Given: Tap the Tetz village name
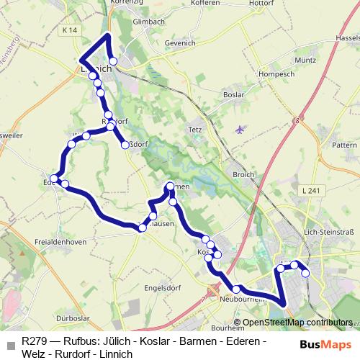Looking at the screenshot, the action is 195,130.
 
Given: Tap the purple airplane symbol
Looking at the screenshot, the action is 240,129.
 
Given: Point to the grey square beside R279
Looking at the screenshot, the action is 10,346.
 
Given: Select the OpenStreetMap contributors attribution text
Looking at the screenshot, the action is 297,323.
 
